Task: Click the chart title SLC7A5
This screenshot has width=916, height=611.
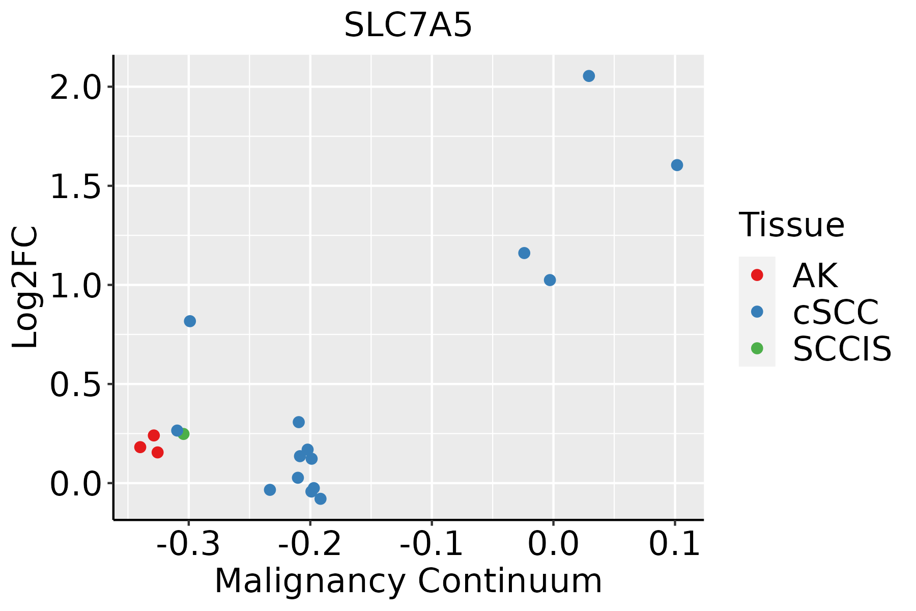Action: (408, 25)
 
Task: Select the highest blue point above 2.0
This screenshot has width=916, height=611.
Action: (589, 76)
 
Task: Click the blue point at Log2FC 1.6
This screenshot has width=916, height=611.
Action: (677, 165)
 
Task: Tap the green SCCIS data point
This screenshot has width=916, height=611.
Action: (184, 434)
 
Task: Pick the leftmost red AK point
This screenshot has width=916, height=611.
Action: (140, 447)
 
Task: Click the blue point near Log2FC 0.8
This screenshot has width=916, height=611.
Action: (190, 321)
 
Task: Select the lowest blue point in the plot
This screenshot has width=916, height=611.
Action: (320, 498)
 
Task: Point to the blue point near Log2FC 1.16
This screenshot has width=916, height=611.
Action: (524, 253)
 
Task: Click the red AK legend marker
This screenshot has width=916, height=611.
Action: (757, 275)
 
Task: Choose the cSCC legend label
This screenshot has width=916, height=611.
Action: (836, 312)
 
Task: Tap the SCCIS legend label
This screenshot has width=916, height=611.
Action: (842, 349)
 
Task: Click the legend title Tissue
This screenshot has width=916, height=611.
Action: (792, 225)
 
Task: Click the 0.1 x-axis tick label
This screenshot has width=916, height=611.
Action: (675, 545)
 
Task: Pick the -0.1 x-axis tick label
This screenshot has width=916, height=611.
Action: (432, 545)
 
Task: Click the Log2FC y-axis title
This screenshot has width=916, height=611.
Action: (25, 287)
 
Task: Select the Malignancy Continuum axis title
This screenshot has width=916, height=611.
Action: (408, 581)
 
